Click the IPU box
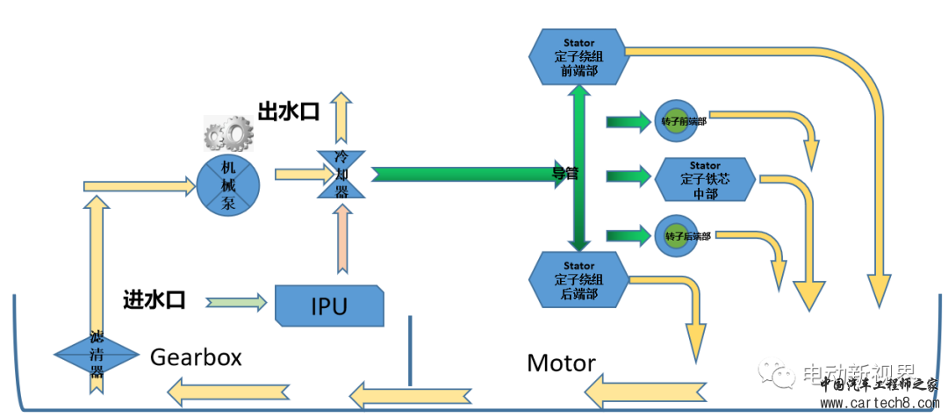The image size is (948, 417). [329, 305]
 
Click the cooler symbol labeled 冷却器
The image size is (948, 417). [341, 174]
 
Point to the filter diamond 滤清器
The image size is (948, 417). [97, 355]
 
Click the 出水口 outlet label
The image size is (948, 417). [288, 111]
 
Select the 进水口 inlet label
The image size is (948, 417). [154, 300]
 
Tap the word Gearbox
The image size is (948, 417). [196, 357]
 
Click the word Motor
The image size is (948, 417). [562, 363]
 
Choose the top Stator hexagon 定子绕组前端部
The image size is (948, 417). [579, 56]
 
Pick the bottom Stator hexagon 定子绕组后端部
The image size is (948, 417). [579, 280]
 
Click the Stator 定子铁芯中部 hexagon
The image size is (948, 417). [705, 180]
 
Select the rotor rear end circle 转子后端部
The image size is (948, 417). [674, 235]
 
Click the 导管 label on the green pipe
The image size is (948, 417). [565, 174]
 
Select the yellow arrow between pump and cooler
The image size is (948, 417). [295, 175]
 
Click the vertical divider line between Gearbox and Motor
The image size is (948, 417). [409, 349]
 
